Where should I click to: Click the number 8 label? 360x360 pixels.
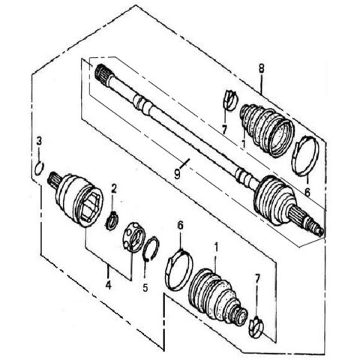[262, 69]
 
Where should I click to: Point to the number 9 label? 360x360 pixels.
[177, 172]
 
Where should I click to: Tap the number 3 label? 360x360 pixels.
[39, 141]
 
